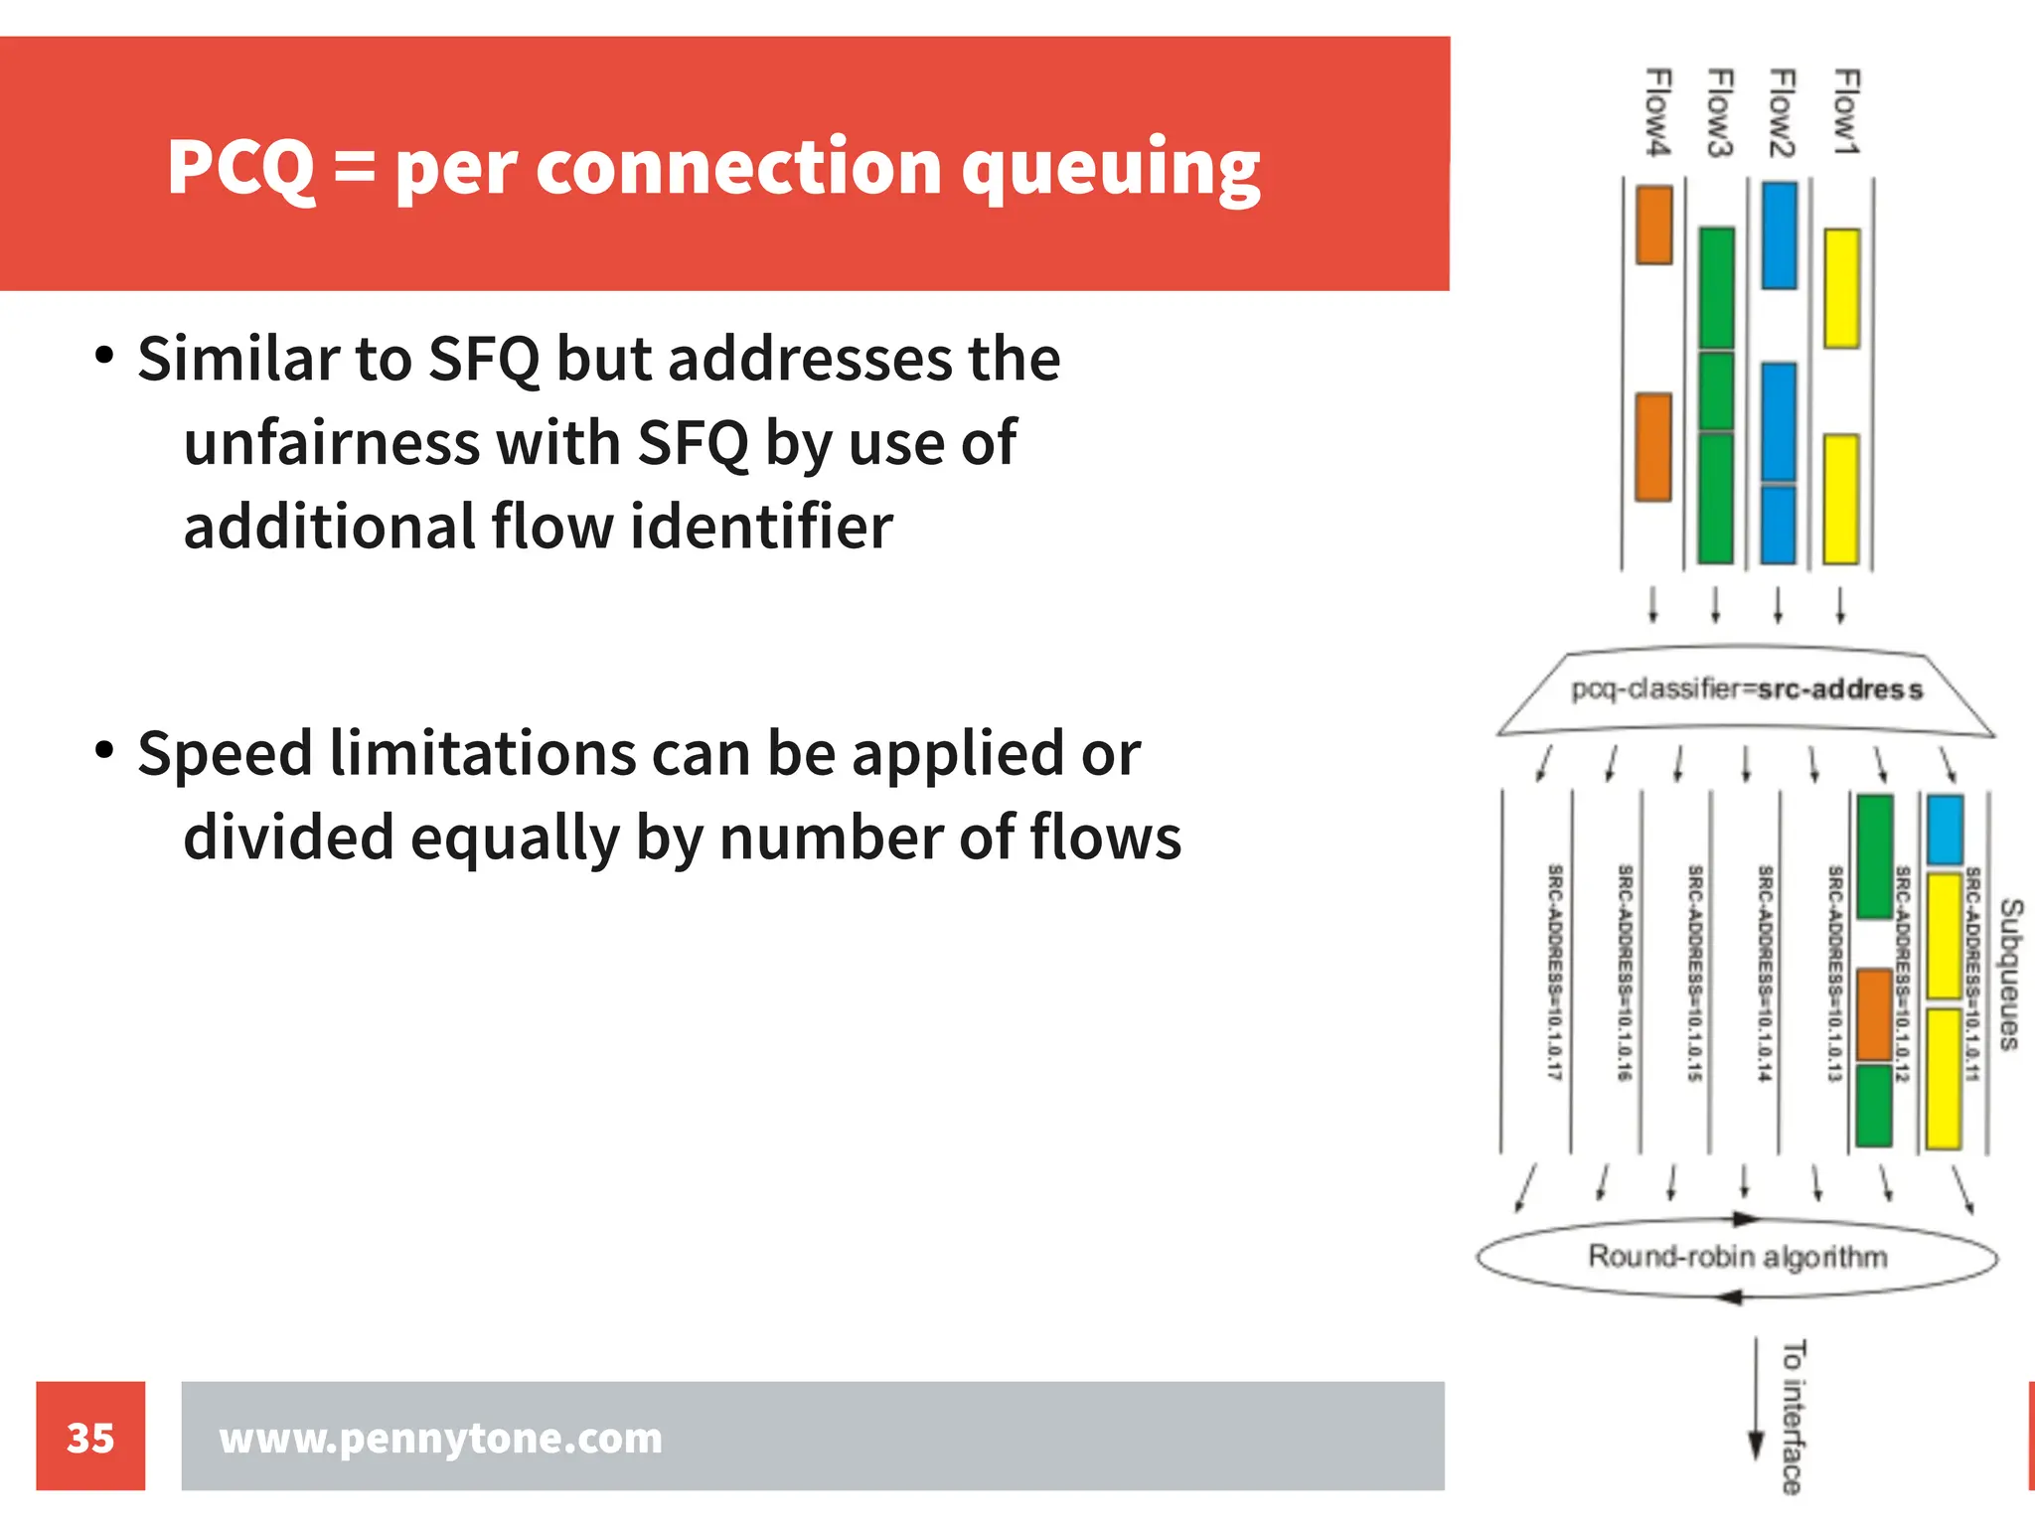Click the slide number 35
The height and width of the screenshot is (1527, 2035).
pyautogui.click(x=90, y=1438)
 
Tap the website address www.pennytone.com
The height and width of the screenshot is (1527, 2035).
pyautogui.click(x=440, y=1438)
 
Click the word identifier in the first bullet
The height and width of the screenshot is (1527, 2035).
pyautogui.click(x=761, y=527)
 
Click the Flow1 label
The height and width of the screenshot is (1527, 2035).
pyautogui.click(x=1845, y=111)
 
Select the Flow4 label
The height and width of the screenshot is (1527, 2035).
pyautogui.click(x=1657, y=111)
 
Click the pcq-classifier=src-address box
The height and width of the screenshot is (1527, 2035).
pyautogui.click(x=1746, y=689)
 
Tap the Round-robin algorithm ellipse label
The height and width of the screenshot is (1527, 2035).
pyautogui.click(x=1737, y=1257)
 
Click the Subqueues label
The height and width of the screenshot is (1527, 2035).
pyautogui.click(x=2010, y=974)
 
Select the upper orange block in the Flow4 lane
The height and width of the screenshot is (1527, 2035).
pyautogui.click(x=1654, y=225)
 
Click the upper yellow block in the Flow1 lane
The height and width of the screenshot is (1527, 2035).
pyautogui.click(x=1842, y=288)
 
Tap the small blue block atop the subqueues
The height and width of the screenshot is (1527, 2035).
pyautogui.click(x=1945, y=830)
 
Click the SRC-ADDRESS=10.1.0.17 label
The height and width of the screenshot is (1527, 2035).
pyautogui.click(x=1555, y=973)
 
